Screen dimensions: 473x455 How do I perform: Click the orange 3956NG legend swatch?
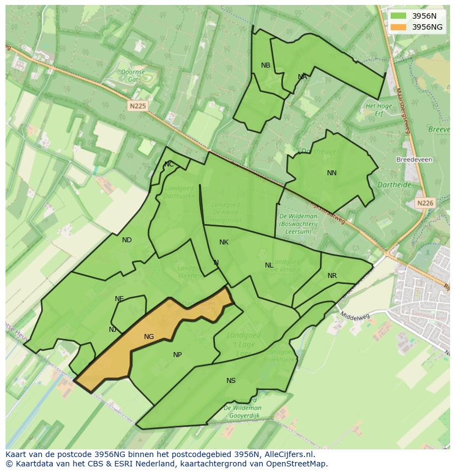pyautogui.click(x=398, y=27)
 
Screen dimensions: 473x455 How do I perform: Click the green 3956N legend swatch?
pyautogui.click(x=398, y=16)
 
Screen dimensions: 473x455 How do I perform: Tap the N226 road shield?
pyautogui.click(x=425, y=203)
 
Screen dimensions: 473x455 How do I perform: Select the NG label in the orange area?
pyautogui.click(x=149, y=337)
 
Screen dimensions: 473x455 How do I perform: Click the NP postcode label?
pyautogui.click(x=177, y=355)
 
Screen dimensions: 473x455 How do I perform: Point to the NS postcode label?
pyautogui.click(x=231, y=381)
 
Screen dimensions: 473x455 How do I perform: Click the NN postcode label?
pyautogui.click(x=332, y=173)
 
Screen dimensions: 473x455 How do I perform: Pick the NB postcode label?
pyautogui.click(x=265, y=65)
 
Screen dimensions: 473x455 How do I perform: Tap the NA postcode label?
pyautogui.click(x=302, y=77)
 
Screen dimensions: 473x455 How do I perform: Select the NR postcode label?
pyautogui.click(x=332, y=276)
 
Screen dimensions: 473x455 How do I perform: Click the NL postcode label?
pyautogui.click(x=269, y=265)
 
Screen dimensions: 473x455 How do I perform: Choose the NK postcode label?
pyautogui.click(x=224, y=242)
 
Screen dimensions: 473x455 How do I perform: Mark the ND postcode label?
pyautogui.click(x=127, y=240)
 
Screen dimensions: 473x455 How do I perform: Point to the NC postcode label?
pyautogui.click(x=169, y=164)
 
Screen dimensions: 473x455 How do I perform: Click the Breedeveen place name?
pyautogui.click(x=414, y=160)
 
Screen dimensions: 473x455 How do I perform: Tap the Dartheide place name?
pyautogui.click(x=395, y=185)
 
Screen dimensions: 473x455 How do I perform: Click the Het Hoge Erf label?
pyautogui.click(x=378, y=109)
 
